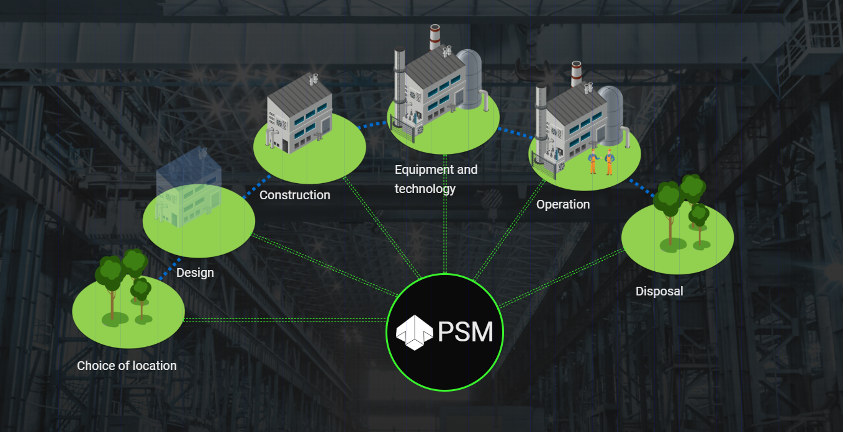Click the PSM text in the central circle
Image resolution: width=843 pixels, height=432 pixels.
point(466,332)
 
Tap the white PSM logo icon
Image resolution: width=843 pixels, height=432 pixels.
point(413,331)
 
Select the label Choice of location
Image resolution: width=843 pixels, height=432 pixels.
point(127,366)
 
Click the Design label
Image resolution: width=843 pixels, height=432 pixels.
point(195,272)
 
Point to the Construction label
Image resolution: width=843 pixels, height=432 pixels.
point(295,195)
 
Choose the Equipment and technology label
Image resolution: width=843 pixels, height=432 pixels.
point(436,179)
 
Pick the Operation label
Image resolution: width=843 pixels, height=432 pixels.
point(563,204)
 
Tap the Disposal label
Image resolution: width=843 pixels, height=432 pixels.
point(659,291)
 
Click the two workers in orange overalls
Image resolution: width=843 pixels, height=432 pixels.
point(601,161)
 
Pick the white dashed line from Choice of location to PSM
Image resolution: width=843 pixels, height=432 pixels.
point(286,320)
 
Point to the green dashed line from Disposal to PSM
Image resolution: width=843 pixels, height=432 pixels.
point(559,279)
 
